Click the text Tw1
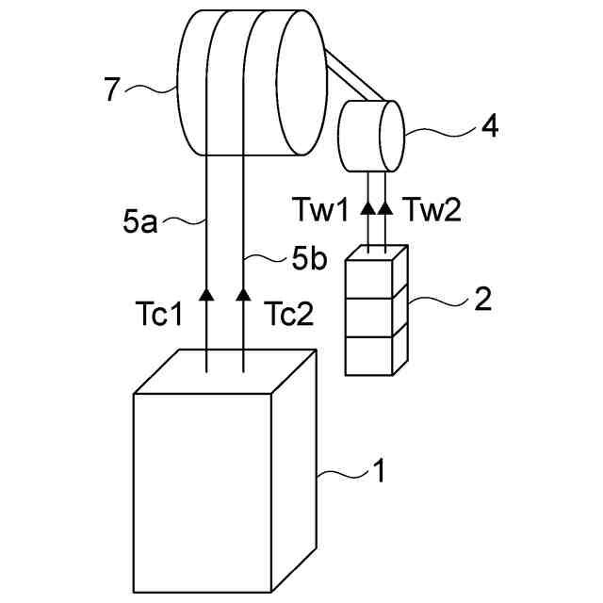click(330, 209)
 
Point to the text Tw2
click(432, 209)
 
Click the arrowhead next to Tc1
click(206, 296)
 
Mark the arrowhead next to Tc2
click(243, 296)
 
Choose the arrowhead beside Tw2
click(385, 206)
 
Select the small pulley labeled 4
click(370, 137)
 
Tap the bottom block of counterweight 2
click(371, 354)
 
